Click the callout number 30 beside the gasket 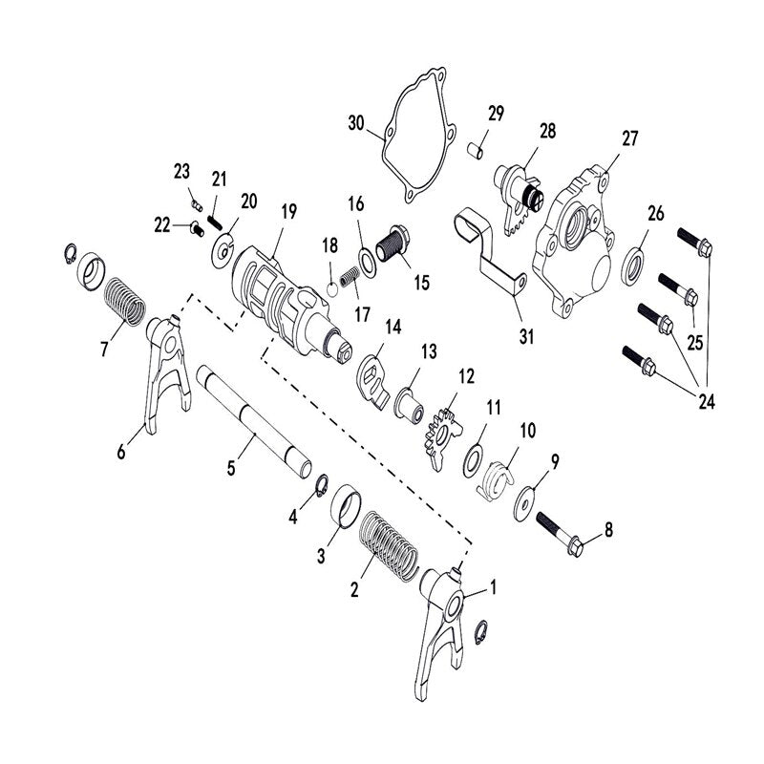click(356, 123)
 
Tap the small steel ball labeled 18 click(332, 289)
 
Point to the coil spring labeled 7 click(126, 301)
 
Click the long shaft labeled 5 click(254, 421)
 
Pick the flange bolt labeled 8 click(561, 534)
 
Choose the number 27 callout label click(629, 138)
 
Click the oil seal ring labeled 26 click(633, 266)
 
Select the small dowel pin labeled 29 click(476, 150)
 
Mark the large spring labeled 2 click(390, 546)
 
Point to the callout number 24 click(707, 402)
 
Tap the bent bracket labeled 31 click(490, 251)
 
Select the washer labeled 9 click(524, 503)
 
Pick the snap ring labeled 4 click(322, 486)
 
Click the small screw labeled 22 click(197, 228)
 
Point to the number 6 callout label click(121, 452)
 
